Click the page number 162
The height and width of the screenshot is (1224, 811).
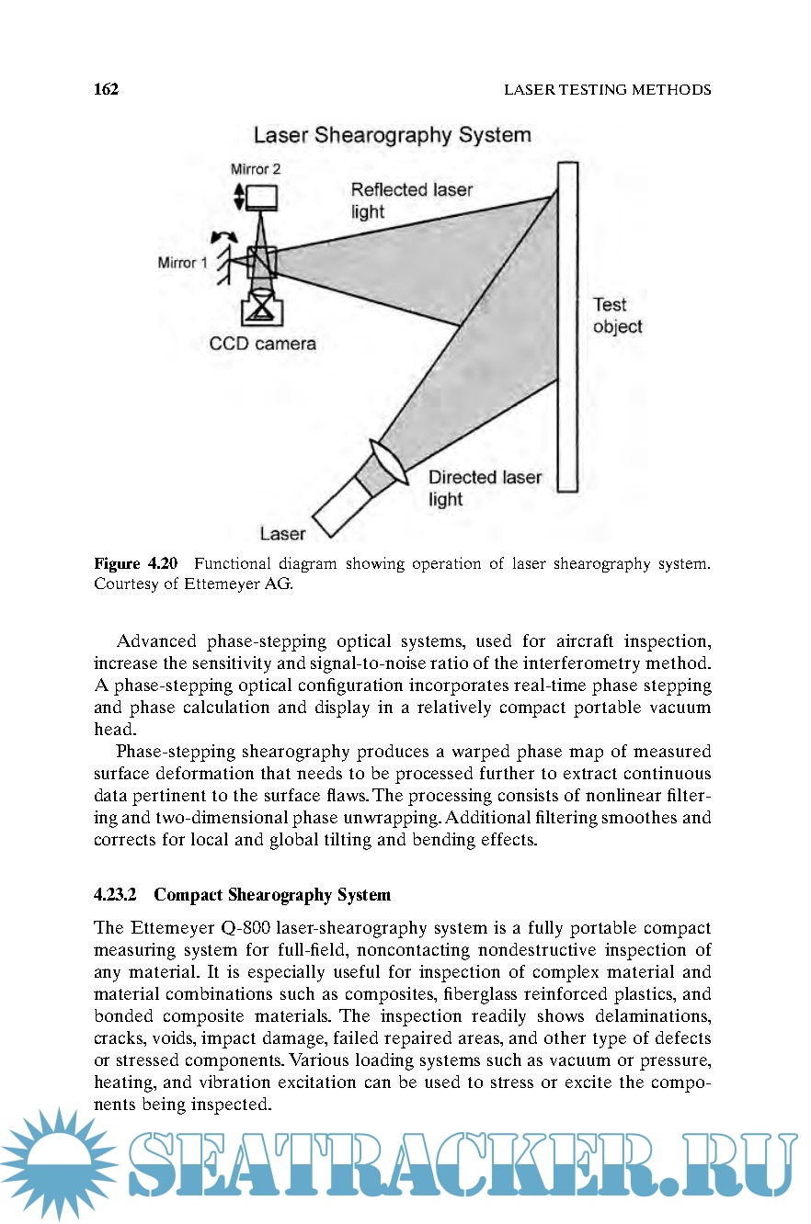(107, 89)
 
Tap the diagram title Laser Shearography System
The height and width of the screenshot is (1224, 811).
(392, 135)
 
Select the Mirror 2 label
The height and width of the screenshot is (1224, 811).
(257, 169)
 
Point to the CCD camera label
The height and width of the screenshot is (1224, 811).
(263, 344)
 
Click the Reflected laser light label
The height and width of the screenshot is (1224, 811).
(411, 200)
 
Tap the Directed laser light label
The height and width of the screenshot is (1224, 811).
(485, 488)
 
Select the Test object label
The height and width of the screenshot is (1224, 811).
(617, 315)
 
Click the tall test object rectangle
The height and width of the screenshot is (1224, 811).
(567, 326)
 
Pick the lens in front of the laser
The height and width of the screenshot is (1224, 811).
(388, 461)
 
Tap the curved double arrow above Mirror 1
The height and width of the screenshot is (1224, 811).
(224, 236)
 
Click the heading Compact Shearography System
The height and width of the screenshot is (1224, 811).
(272, 894)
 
